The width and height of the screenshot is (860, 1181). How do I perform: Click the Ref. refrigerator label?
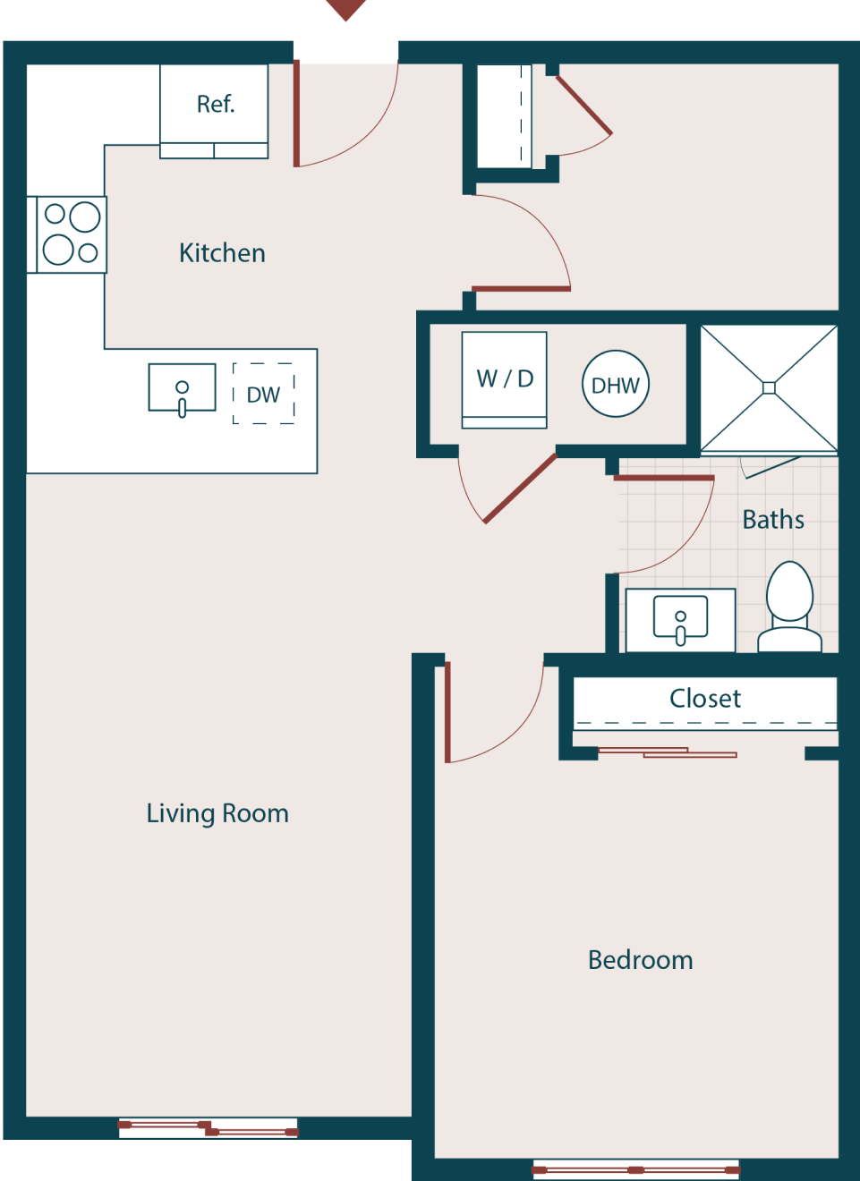(x=215, y=105)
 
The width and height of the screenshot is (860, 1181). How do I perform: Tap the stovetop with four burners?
(x=72, y=234)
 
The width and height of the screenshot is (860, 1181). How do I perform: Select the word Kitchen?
(x=222, y=253)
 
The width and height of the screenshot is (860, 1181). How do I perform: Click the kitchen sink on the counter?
(x=182, y=388)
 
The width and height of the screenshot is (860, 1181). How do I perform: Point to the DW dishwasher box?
(x=263, y=394)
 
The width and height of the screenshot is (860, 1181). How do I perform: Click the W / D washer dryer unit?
(x=504, y=379)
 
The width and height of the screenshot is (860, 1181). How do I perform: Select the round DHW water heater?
(x=615, y=385)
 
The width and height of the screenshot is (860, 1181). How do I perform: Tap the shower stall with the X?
(x=769, y=387)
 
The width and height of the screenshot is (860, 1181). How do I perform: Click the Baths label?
(x=773, y=520)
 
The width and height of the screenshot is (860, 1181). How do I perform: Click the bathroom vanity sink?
(x=680, y=620)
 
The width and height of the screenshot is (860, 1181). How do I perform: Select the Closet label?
(x=705, y=699)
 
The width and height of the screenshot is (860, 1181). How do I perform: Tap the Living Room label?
(x=217, y=813)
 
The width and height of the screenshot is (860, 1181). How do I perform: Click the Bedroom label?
(x=640, y=960)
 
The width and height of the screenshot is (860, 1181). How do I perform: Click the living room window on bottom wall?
(x=209, y=1127)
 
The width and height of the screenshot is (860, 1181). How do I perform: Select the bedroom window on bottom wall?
(x=635, y=1169)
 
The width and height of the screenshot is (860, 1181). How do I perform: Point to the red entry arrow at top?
(x=345, y=9)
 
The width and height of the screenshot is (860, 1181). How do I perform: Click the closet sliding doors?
(x=667, y=752)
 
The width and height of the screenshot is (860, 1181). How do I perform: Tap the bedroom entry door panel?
(x=447, y=712)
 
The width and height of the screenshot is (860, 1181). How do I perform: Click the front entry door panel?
(x=296, y=113)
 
